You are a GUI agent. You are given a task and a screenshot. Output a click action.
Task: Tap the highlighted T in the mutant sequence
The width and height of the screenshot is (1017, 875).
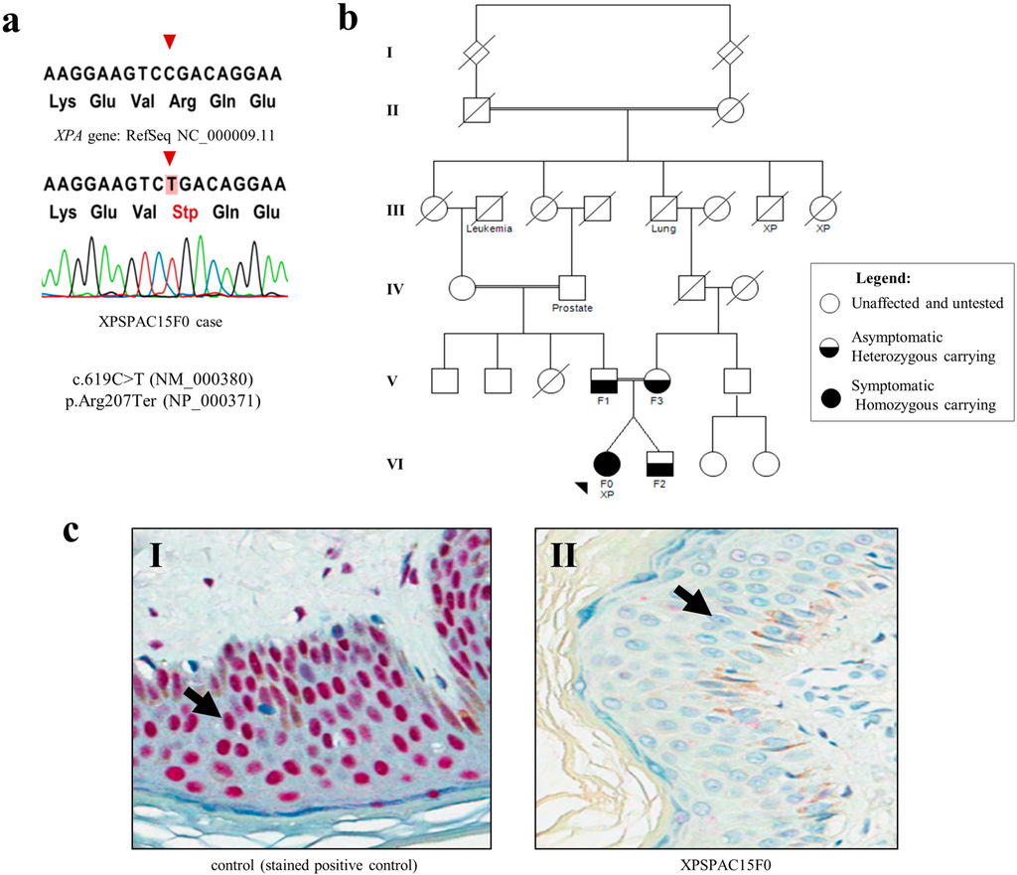coord(172,185)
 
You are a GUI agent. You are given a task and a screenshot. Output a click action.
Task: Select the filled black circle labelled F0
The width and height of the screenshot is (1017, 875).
coord(606,463)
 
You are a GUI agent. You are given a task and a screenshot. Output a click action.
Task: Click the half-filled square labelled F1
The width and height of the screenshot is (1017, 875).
coord(605,379)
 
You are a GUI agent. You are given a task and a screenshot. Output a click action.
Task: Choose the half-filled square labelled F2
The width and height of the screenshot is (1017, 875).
coord(659,463)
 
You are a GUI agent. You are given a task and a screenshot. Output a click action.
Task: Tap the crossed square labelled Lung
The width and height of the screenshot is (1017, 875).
coord(663,209)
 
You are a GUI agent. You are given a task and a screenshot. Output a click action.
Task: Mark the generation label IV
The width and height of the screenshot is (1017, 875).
coord(395,289)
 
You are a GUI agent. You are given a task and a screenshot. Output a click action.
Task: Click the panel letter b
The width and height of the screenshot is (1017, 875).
coord(350,19)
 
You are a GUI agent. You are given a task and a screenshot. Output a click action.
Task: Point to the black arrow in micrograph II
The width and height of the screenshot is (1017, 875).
coord(694,600)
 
